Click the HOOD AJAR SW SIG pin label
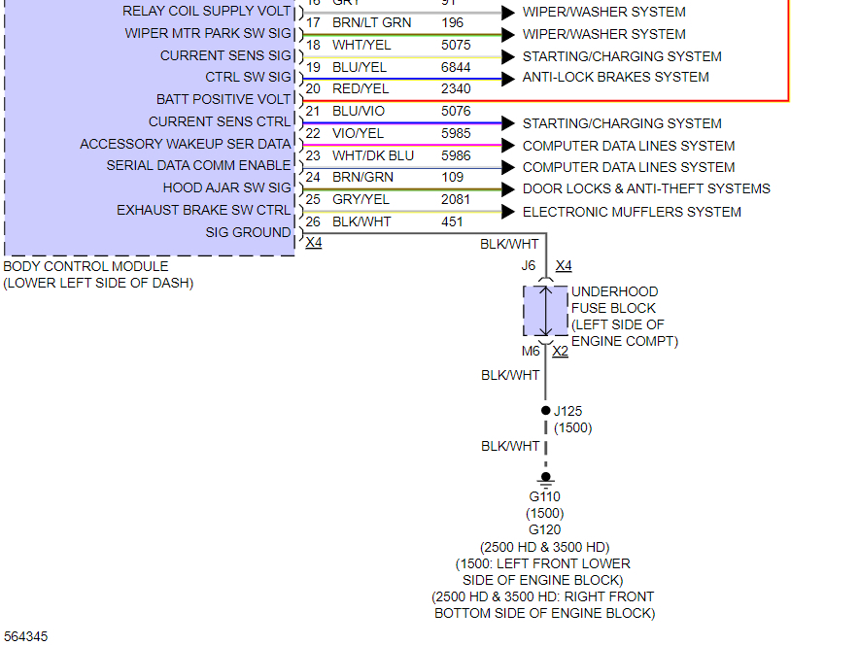pos(226,187)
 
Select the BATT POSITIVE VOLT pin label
pos(223,99)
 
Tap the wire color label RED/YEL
pos(360,88)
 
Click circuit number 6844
pos(456,67)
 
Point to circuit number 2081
pos(456,199)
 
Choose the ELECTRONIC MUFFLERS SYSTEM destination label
pos(632,212)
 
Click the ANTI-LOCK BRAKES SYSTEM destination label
pos(615,77)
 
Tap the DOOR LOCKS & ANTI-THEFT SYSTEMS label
pos(646,188)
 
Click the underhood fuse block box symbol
pos(545,311)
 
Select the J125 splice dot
pos(545,411)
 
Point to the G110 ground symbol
pos(545,478)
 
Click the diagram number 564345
pos(25,636)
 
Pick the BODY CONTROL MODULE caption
pos(86,266)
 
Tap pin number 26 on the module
pos(313,221)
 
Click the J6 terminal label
pos(528,265)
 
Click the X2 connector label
pos(560,351)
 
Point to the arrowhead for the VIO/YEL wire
pos(507,146)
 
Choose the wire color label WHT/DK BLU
pos(372,155)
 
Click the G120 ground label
pos(544,529)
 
